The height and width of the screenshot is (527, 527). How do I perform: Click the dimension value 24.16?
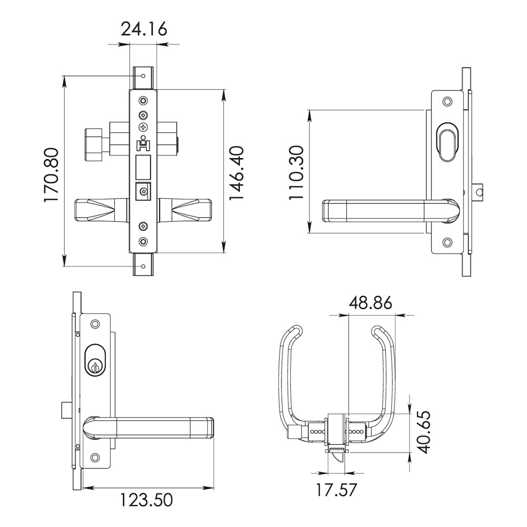click(144, 29)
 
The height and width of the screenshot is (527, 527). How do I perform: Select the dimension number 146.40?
click(237, 173)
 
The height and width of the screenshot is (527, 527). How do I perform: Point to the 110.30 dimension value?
click(297, 172)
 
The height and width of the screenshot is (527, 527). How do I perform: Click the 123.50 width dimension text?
click(146, 500)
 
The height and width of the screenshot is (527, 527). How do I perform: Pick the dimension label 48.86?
click(370, 303)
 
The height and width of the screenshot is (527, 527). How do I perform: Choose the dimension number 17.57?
click(335, 490)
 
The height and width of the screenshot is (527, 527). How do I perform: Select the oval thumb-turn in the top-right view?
click(447, 141)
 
